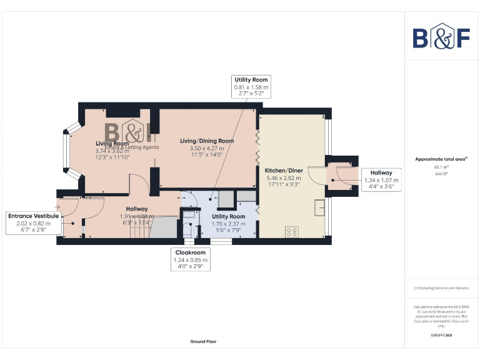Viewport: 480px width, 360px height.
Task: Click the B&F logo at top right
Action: [x=441, y=37]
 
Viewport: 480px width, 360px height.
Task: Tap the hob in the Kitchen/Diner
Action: [x=291, y=231]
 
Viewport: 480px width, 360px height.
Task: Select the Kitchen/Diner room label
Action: [x=284, y=170]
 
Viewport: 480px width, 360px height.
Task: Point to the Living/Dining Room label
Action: [x=207, y=141]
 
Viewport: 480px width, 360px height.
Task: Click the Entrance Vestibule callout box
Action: [x=34, y=222]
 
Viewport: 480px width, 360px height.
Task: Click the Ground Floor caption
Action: [x=203, y=342]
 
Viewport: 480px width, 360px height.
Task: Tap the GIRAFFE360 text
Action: [x=441, y=336]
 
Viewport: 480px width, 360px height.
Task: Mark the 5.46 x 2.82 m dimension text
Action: [x=284, y=177]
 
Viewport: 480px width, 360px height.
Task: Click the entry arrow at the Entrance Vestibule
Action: [x=57, y=206]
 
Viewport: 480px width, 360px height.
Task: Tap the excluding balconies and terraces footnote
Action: [x=441, y=288]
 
